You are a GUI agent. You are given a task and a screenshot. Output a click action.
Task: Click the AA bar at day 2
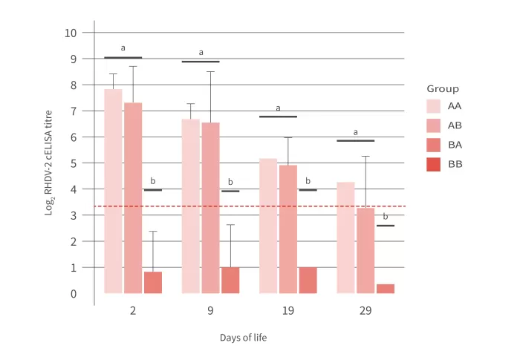113,192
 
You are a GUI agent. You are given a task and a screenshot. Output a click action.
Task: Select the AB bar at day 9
210,208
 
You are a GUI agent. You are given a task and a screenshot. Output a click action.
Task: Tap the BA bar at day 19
308,280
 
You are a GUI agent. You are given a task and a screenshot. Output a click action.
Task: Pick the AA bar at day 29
345,238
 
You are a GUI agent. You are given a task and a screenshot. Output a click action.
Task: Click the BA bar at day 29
385,289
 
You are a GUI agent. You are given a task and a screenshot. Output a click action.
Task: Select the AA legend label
455,106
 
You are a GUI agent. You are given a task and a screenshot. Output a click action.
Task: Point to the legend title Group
443,89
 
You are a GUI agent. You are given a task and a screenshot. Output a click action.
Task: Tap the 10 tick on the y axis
71,33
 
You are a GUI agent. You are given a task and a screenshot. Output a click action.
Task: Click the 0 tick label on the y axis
74,294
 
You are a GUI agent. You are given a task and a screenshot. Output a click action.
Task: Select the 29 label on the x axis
365,311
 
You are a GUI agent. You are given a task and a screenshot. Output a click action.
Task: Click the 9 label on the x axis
210,311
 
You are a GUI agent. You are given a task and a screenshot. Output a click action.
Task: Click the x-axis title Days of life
243,338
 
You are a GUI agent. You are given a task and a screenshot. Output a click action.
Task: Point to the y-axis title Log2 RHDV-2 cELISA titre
49,163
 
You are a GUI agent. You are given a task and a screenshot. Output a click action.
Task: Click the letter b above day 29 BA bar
385,217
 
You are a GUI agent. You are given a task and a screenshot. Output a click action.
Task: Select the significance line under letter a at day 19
278,117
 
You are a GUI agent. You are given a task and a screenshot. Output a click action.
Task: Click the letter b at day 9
230,182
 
